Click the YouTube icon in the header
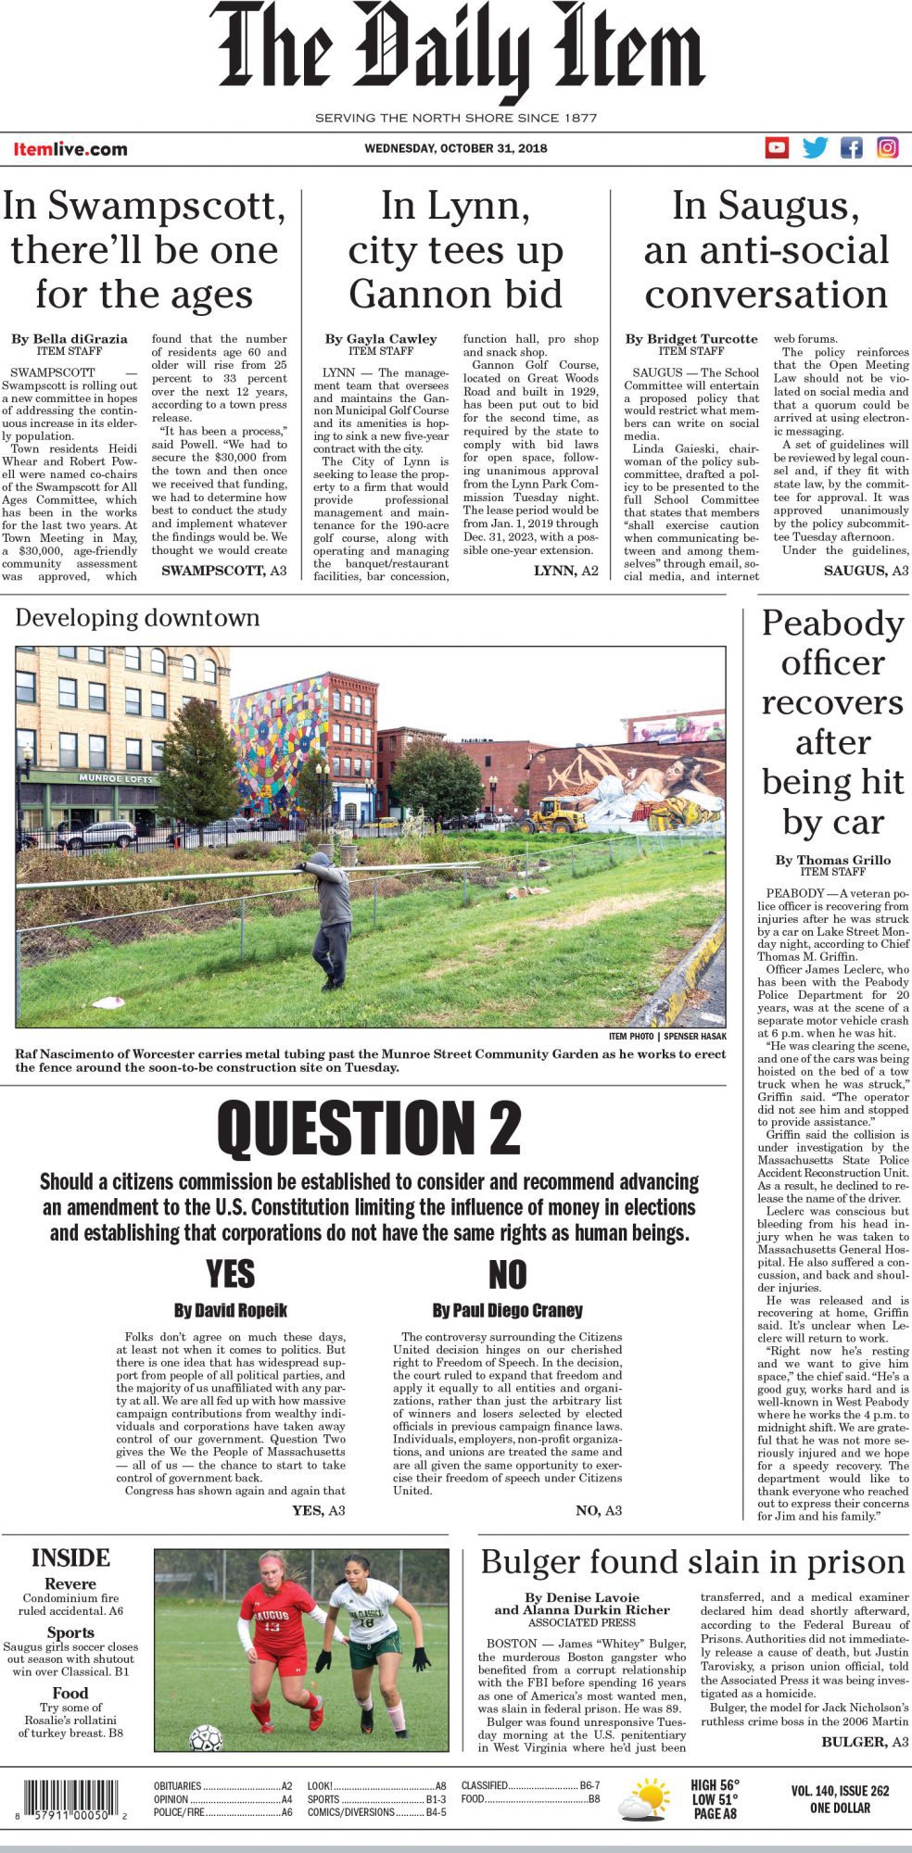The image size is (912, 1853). [777, 147]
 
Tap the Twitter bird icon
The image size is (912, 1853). [815, 147]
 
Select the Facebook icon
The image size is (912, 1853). [851, 147]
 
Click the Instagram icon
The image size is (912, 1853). [887, 147]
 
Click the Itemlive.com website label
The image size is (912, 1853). [70, 149]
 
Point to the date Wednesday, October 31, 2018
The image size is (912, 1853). [455, 148]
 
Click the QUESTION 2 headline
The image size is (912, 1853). [369, 1128]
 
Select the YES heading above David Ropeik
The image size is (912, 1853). [230, 1275]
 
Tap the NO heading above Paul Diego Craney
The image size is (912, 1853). [507, 1276]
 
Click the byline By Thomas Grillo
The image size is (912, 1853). [832, 860]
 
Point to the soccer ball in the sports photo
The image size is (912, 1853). [206, 1737]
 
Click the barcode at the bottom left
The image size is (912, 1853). [68, 1801]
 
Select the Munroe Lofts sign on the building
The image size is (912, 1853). [116, 778]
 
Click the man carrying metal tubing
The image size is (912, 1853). [329, 917]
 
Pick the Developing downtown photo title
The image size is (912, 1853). [137, 618]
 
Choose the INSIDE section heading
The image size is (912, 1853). [70, 1557]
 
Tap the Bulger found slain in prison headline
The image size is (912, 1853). [692, 1562]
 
